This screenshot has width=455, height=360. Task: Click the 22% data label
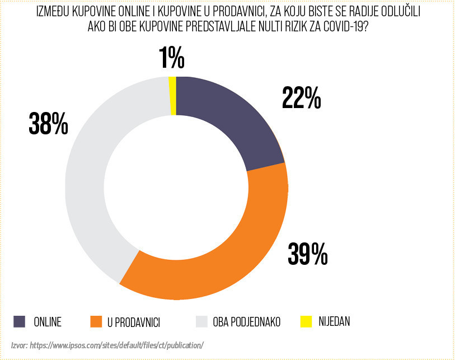[x=301, y=99]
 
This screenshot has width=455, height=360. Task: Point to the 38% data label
[x=48, y=124]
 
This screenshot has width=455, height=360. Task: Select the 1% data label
[x=172, y=58]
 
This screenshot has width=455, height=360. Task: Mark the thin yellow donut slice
[x=173, y=96]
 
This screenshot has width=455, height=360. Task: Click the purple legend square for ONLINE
[x=20, y=321]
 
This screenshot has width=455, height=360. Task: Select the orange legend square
[x=96, y=321]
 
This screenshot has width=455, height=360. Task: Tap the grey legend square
[x=202, y=321]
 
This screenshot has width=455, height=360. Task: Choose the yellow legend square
[x=306, y=321]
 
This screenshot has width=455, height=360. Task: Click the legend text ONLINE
[x=47, y=322]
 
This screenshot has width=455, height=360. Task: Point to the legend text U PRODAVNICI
[x=134, y=322]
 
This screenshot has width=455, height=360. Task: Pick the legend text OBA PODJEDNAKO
[x=246, y=322]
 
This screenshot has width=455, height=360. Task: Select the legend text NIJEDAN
[x=334, y=322]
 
